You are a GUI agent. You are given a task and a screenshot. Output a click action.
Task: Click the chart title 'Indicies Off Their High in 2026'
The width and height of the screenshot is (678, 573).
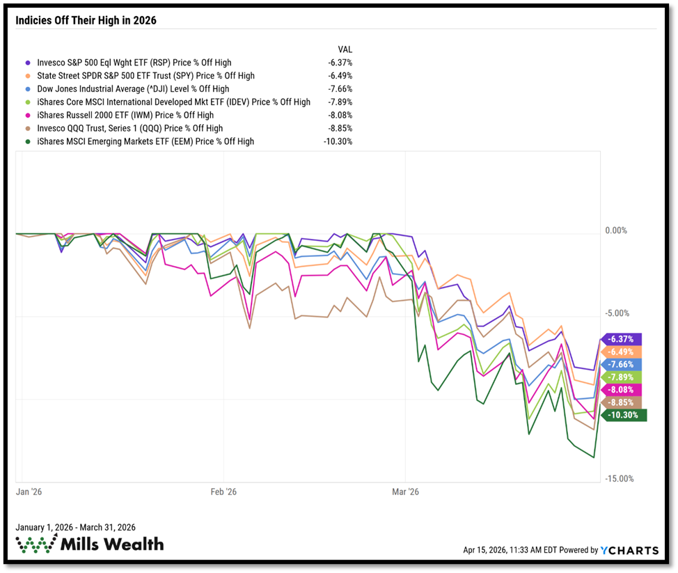click(x=86, y=20)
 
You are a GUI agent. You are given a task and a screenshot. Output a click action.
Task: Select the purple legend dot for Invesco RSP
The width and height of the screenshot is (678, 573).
click(x=27, y=63)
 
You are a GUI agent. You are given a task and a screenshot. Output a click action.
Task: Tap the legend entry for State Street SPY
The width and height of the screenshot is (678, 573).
click(x=145, y=76)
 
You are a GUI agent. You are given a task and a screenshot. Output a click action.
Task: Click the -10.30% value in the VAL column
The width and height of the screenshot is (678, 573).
click(x=339, y=141)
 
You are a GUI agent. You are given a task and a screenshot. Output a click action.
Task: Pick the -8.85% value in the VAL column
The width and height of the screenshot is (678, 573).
click(x=341, y=128)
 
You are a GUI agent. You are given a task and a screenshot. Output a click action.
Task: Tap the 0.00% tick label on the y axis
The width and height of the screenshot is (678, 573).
click(x=615, y=231)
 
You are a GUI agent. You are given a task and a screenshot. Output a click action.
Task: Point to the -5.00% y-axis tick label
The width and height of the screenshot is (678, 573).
click(x=615, y=314)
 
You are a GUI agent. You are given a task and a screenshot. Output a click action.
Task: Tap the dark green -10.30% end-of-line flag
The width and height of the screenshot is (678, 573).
click(x=625, y=416)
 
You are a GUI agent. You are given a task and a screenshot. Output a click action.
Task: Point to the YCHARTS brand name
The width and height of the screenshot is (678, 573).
click(x=633, y=550)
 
